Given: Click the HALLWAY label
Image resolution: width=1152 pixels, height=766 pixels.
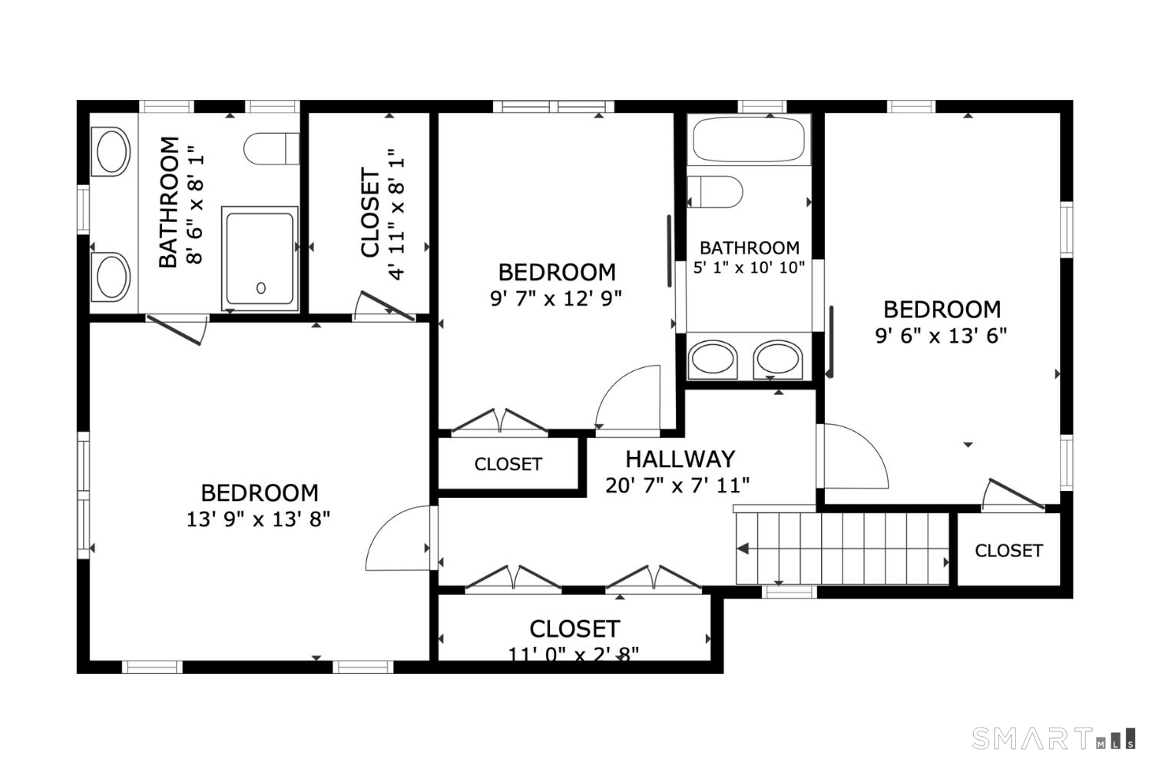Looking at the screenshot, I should [680, 459].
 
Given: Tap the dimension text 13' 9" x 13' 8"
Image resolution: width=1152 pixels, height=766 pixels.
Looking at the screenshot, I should [258, 519].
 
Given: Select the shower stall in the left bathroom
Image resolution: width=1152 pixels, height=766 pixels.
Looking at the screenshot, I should [260, 258].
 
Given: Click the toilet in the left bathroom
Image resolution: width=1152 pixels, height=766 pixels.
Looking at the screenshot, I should [271, 148].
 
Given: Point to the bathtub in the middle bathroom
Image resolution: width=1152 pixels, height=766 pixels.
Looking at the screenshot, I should [748, 139].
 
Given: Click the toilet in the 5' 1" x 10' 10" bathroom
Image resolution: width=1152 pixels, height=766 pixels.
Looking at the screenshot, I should [715, 192].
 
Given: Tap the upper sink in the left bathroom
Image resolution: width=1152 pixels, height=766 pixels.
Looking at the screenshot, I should [111, 151].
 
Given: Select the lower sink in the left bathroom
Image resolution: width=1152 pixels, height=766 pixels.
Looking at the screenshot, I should [111, 276].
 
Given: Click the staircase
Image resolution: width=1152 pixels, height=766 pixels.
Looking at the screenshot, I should [842, 549].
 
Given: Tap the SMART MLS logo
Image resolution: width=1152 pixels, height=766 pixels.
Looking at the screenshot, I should [1053, 738].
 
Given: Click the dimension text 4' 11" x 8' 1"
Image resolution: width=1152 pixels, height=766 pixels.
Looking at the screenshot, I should [397, 214].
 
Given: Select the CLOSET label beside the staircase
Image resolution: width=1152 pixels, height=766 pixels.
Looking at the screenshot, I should [1008, 551].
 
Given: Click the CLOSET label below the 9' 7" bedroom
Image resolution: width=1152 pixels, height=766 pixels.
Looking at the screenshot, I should [508, 464].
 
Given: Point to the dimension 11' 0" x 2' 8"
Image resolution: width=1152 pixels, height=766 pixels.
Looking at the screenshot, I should [573, 653].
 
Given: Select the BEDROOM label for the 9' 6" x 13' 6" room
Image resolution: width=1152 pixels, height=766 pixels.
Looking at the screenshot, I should [942, 310].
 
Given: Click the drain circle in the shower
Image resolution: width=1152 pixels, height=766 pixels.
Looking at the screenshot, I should [261, 288].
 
